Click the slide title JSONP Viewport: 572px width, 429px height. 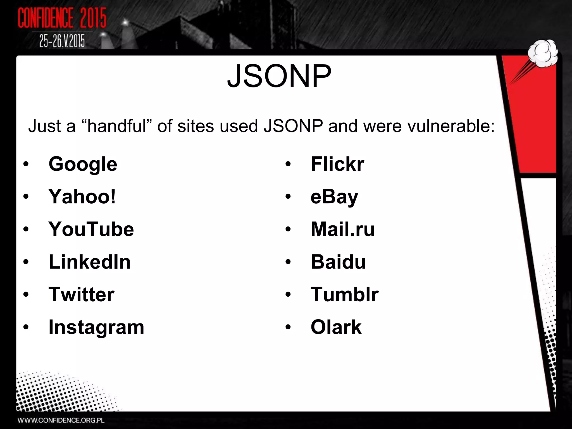(x=279, y=76)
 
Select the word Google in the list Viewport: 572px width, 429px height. (x=83, y=164)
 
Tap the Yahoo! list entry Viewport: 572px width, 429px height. (x=82, y=197)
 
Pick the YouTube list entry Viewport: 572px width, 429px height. (x=91, y=229)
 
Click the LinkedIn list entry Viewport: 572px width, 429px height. (x=89, y=262)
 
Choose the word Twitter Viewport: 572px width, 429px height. (x=81, y=295)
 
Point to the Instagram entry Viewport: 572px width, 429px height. (x=96, y=327)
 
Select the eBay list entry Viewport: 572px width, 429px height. (x=334, y=197)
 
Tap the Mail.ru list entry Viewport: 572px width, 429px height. (x=342, y=229)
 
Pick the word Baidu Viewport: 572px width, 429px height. (x=338, y=262)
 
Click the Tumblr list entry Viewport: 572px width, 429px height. (x=344, y=295)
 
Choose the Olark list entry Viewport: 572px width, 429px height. (x=336, y=327)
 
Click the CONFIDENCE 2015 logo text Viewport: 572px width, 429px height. (x=62, y=18)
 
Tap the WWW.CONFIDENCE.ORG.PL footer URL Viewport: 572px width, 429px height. (x=61, y=420)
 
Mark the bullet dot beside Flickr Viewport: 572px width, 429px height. (x=288, y=165)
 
